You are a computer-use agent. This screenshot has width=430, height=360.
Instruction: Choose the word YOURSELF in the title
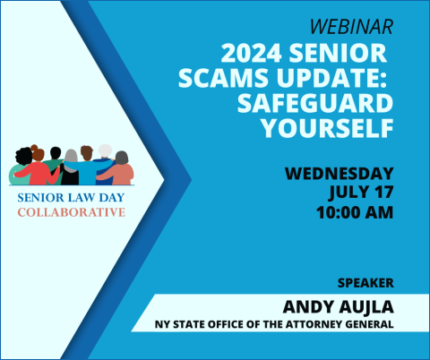coord(327,129)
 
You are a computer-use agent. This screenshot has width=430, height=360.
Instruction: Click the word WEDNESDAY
coord(339,173)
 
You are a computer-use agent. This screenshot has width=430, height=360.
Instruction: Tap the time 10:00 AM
coord(354,213)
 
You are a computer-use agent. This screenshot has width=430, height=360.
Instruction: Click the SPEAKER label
coord(365,283)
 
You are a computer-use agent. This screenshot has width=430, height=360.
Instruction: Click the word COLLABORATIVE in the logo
coord(71,212)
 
